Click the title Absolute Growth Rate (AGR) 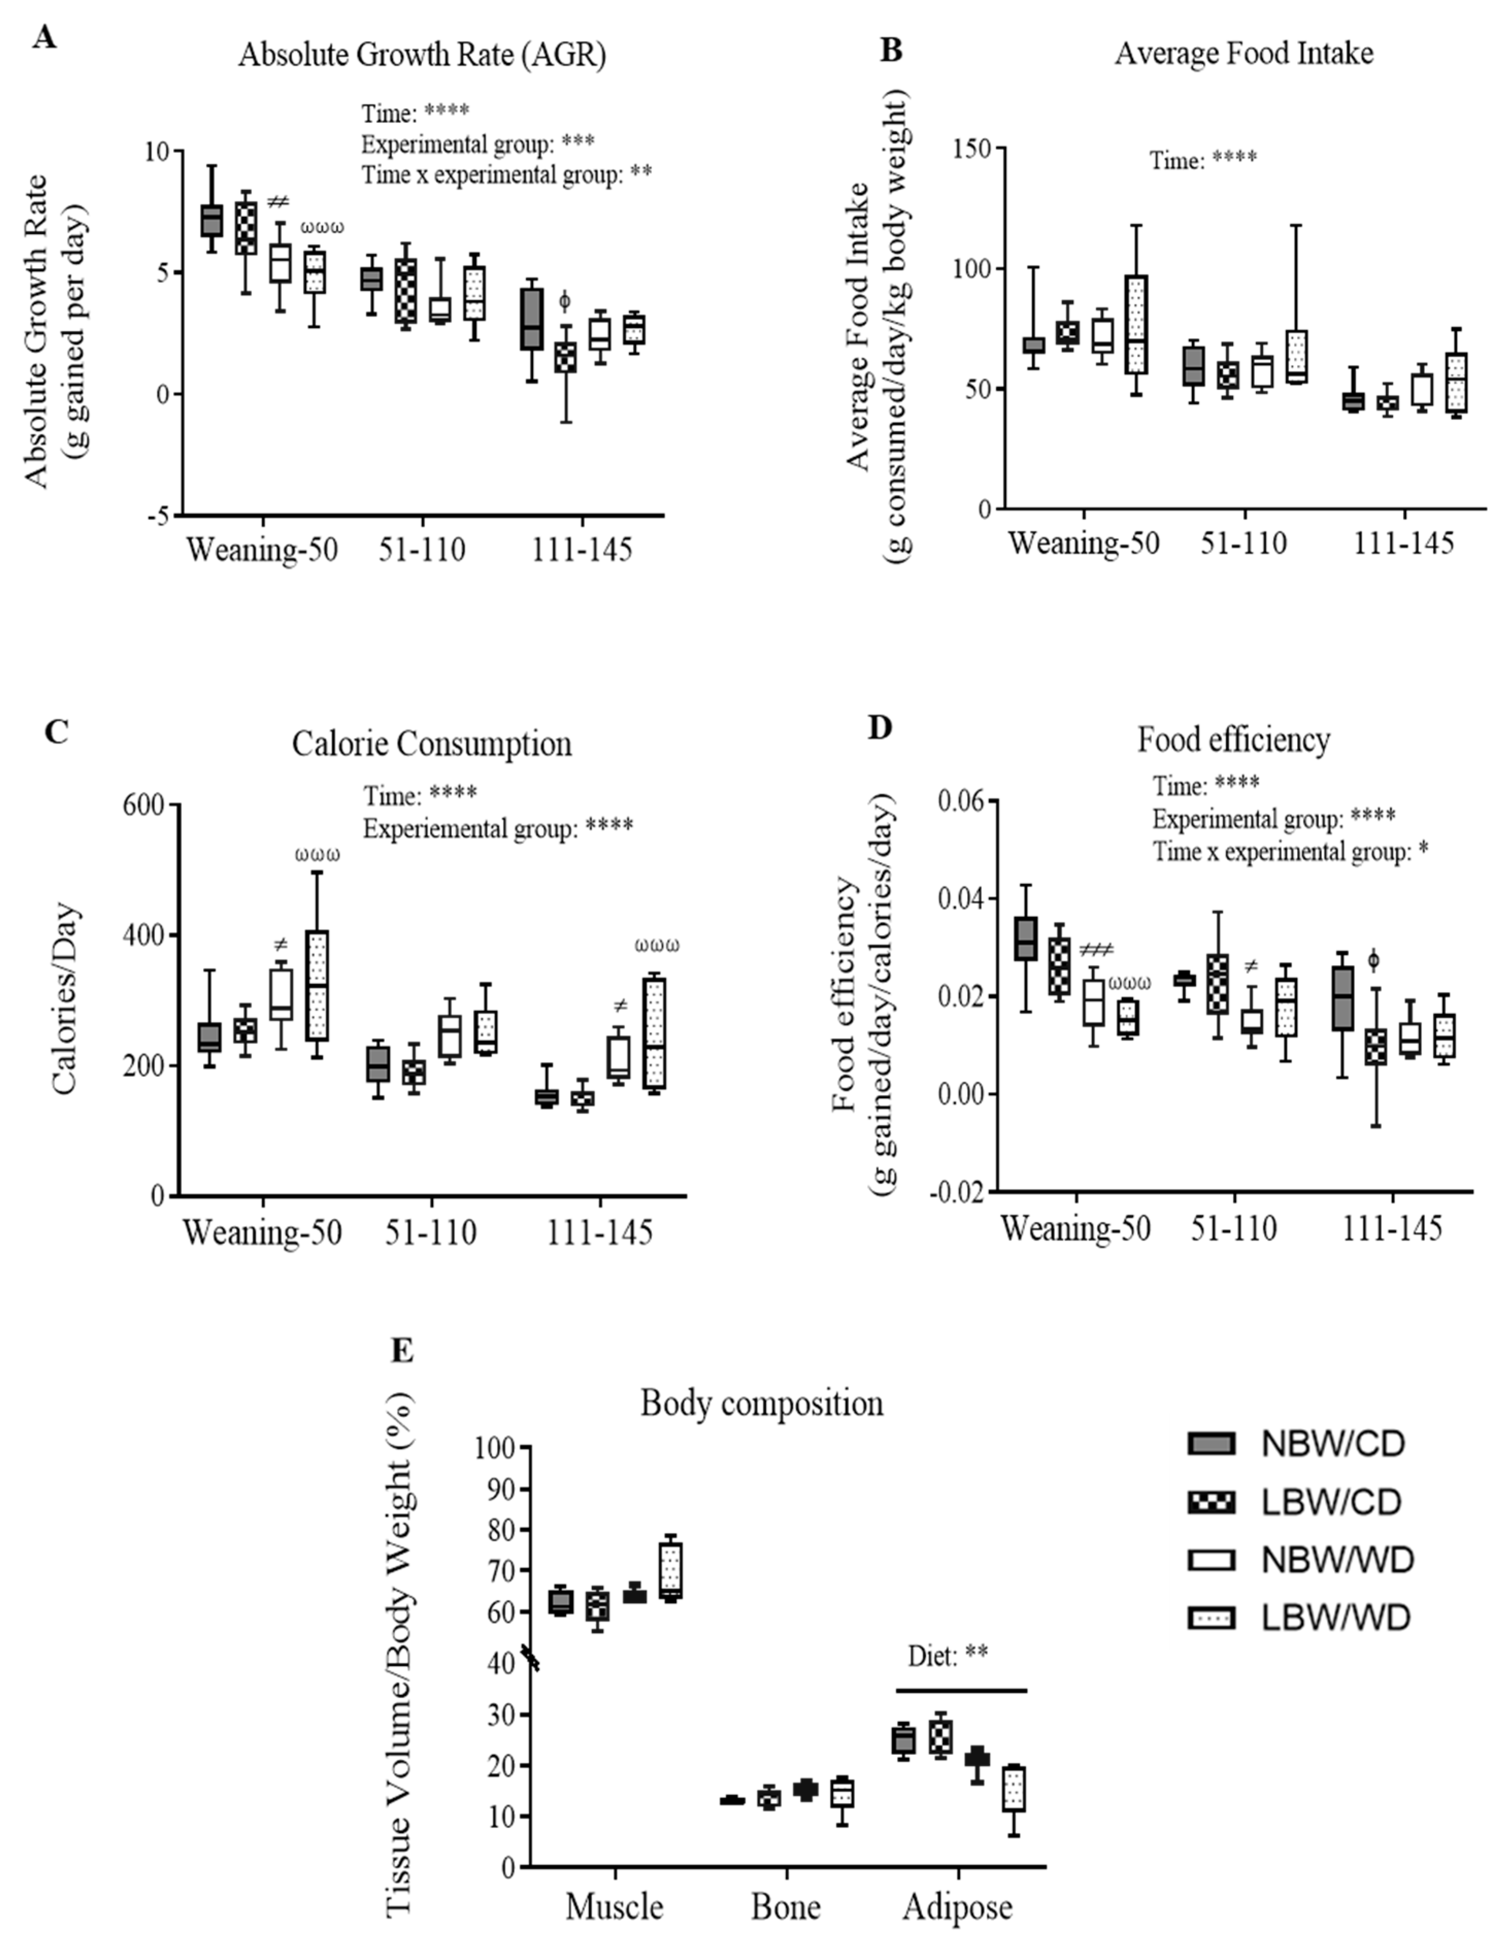pyautogui.click(x=422, y=55)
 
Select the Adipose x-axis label pyautogui.click(x=958, y=1906)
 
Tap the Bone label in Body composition pyautogui.click(x=786, y=1906)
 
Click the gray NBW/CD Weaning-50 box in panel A pyautogui.click(x=211, y=220)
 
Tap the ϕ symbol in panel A pyautogui.click(x=564, y=302)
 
